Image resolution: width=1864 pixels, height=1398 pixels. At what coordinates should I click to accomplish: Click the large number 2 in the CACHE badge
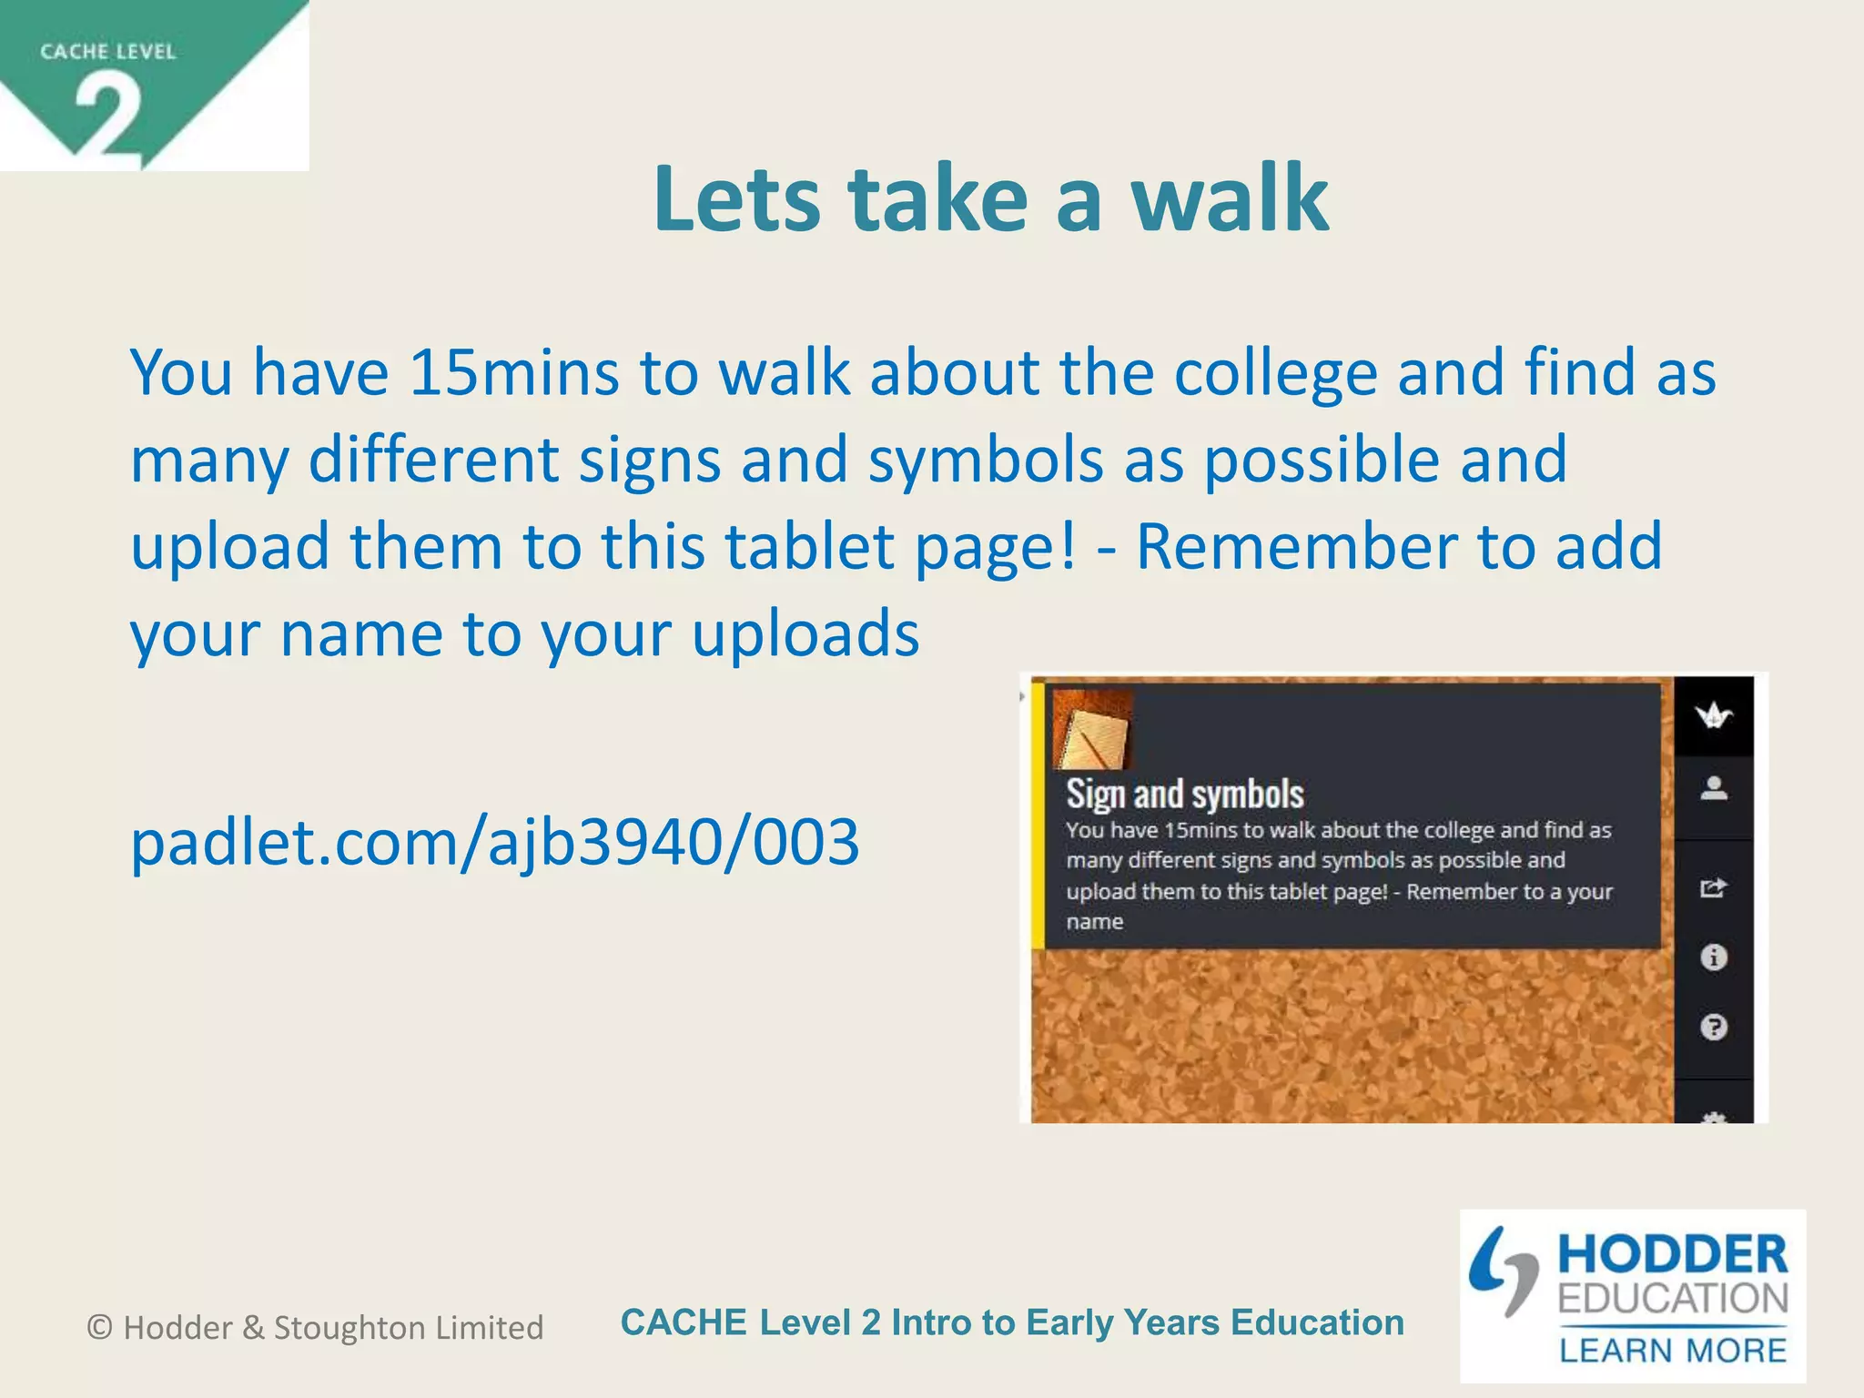click(x=108, y=116)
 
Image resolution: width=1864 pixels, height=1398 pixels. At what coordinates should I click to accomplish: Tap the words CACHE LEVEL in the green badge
click(x=107, y=51)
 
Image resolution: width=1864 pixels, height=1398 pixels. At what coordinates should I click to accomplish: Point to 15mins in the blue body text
click(x=514, y=372)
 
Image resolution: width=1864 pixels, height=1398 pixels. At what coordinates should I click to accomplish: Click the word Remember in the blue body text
click(x=1296, y=546)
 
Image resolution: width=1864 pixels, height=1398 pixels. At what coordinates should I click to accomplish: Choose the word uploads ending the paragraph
click(x=805, y=633)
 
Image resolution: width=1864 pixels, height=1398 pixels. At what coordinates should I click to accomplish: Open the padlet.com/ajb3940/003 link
click(x=494, y=842)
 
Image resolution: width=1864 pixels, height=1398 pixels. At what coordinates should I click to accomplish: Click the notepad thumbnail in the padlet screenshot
click(x=1092, y=729)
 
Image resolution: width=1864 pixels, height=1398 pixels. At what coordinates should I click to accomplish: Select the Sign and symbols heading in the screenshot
click(x=1184, y=794)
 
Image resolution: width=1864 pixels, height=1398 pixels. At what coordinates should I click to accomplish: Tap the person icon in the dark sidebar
click(x=1714, y=788)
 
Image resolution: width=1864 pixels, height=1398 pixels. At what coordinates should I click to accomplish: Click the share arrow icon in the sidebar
click(x=1714, y=886)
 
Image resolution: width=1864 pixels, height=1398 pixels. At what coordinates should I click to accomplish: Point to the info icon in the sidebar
click(x=1714, y=957)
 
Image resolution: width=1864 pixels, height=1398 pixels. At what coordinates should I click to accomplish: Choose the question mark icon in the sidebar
click(x=1714, y=1028)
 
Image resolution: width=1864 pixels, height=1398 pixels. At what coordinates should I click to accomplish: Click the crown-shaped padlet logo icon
click(x=1714, y=716)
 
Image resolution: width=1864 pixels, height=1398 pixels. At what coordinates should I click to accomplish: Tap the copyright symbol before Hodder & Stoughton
click(x=99, y=1327)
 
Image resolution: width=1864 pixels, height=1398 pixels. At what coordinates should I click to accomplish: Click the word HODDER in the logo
click(x=1673, y=1254)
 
